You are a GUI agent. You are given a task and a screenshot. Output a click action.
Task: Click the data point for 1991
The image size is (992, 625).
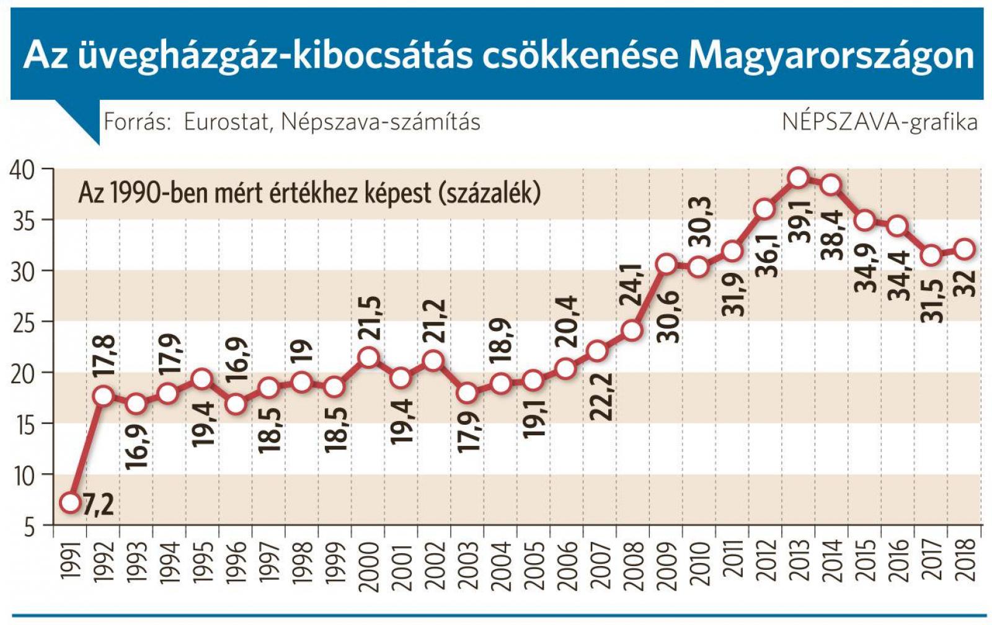[x=71, y=503]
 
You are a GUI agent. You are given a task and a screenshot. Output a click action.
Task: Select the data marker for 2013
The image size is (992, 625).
[x=799, y=178]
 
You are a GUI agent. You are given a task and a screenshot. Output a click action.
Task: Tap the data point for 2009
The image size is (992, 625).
[x=666, y=264]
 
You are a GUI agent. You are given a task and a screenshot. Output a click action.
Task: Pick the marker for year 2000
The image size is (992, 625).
[x=369, y=357]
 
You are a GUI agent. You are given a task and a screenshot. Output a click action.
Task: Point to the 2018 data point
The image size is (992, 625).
[x=965, y=249]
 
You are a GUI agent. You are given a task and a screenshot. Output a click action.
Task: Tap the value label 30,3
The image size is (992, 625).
[x=702, y=223]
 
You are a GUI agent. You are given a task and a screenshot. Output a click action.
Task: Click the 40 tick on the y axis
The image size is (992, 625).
[x=23, y=169]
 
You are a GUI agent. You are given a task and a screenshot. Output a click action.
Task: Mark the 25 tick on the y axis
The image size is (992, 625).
[x=23, y=322]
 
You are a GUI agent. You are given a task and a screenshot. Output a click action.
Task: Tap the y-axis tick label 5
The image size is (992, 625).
[x=29, y=527]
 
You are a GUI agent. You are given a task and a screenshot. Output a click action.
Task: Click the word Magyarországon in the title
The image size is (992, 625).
[x=831, y=56]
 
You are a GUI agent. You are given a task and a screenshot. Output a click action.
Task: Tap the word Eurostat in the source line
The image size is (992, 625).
[x=227, y=122]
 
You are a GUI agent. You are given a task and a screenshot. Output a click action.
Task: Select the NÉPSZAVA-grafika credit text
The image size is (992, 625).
[x=879, y=122]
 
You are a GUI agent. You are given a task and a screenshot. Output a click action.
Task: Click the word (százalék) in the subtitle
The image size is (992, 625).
[x=489, y=193]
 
